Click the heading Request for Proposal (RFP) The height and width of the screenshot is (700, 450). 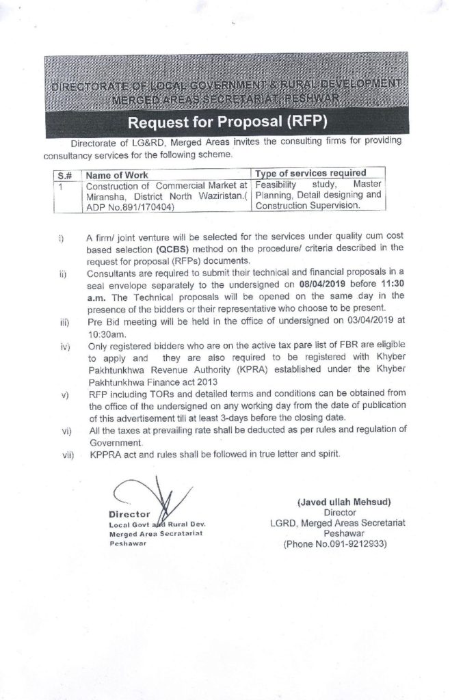(x=225, y=124)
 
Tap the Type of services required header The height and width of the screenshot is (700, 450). (x=310, y=173)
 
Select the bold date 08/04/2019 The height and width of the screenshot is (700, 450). (x=323, y=282)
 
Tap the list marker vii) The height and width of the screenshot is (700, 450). (x=67, y=453)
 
